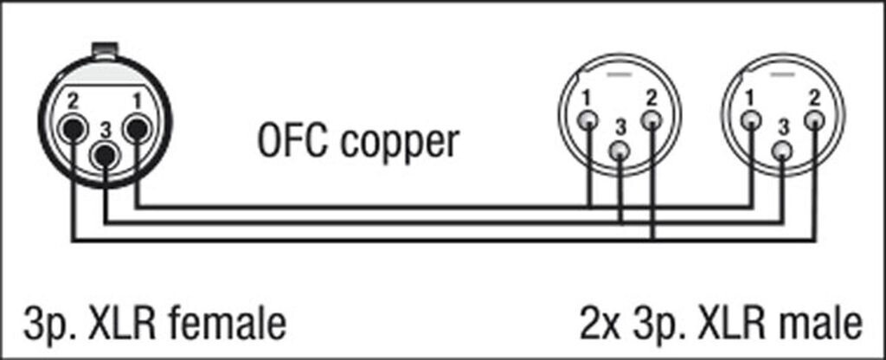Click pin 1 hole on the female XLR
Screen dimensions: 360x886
tap(136, 130)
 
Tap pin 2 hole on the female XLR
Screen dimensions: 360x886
tap(73, 131)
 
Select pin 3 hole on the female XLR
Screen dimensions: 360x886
tap(105, 157)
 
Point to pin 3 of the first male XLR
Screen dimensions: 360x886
tap(620, 152)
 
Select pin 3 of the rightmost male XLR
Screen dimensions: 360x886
tap(782, 152)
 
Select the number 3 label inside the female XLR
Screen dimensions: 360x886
tap(105, 130)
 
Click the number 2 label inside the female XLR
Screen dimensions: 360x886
tap(73, 101)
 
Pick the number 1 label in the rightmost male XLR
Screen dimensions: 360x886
tap(749, 95)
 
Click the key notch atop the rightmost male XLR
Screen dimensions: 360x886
tap(782, 75)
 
